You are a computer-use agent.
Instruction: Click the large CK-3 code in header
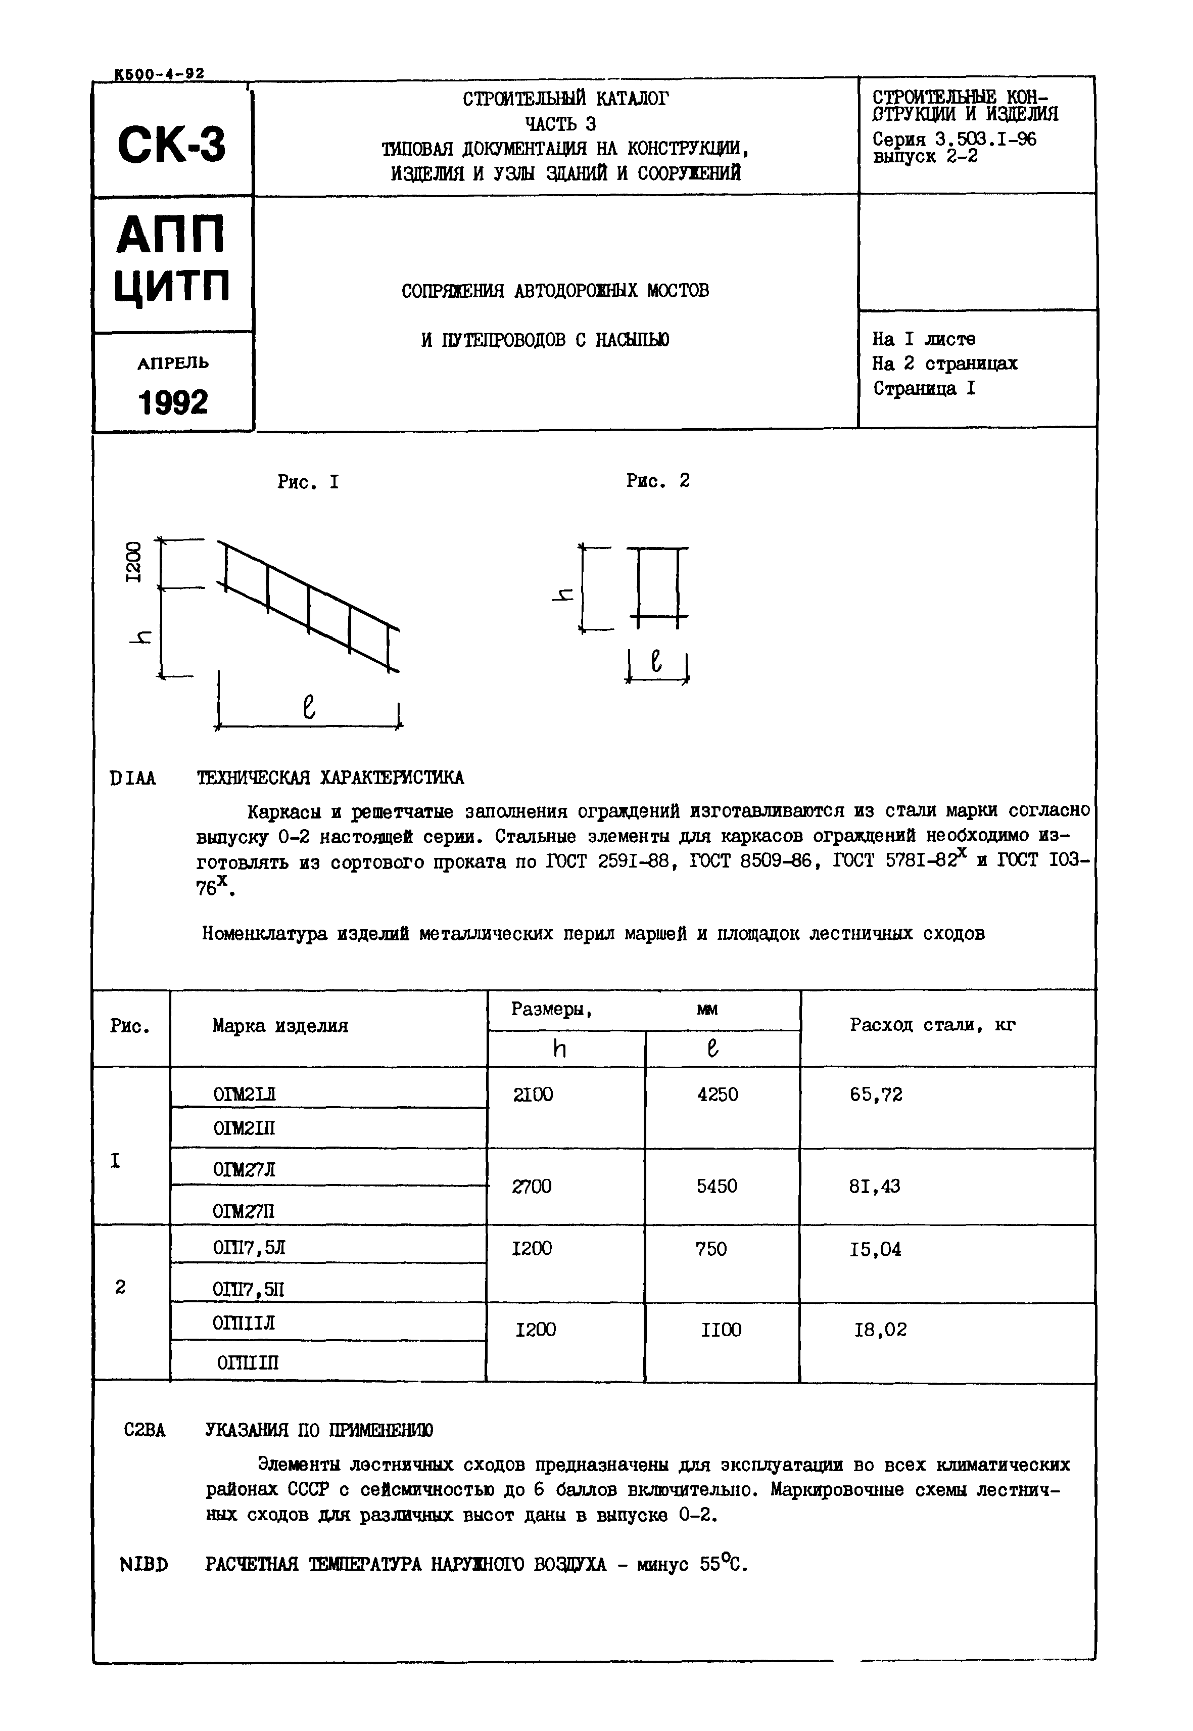point(171,144)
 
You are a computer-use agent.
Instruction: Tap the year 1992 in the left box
point(173,403)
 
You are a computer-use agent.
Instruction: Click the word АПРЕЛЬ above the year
point(173,363)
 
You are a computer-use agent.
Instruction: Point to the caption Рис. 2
point(658,481)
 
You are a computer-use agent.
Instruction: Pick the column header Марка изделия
point(280,1026)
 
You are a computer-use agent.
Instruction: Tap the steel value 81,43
point(875,1186)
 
